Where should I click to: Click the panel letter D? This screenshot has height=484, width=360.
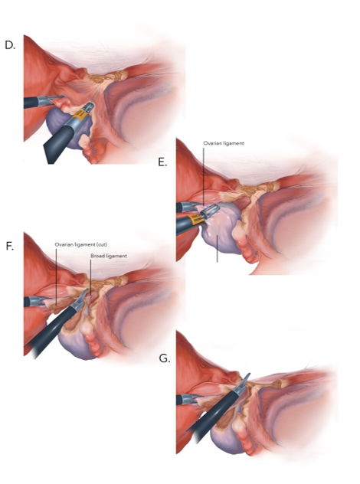click(x=10, y=45)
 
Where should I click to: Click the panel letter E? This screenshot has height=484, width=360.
click(x=162, y=162)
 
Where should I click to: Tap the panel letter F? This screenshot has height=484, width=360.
click(x=9, y=247)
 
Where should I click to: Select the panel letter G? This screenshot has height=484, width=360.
click(x=164, y=358)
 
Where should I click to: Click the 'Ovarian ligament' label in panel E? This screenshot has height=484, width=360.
click(x=224, y=143)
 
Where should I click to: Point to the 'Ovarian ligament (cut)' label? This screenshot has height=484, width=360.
click(x=81, y=244)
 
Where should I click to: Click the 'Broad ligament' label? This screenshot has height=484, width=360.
click(x=109, y=256)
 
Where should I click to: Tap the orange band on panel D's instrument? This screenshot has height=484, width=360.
click(x=80, y=116)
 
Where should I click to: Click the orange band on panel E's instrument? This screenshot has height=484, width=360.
click(x=196, y=220)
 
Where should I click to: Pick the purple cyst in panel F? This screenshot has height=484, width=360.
click(x=76, y=342)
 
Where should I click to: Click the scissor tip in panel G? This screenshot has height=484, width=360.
click(x=249, y=374)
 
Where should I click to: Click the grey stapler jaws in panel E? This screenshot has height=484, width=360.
click(x=210, y=211)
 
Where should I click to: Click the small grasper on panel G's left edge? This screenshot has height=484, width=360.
click(x=186, y=400)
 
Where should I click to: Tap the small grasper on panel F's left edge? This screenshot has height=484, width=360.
click(x=34, y=301)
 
